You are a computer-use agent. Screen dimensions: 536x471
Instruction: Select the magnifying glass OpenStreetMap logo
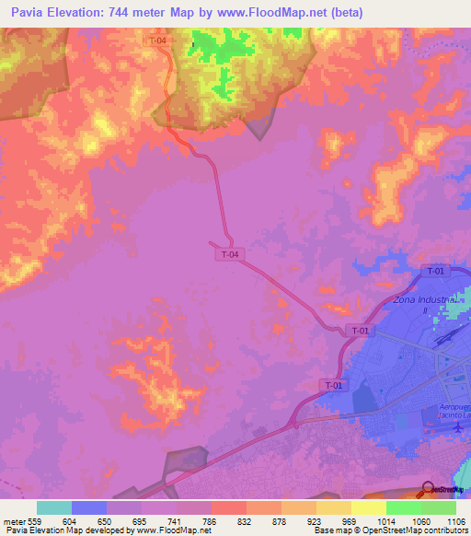[x=429, y=489]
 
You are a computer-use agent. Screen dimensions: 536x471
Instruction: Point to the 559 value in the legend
[x=36, y=520]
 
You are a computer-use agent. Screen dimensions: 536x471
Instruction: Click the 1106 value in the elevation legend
[x=455, y=520]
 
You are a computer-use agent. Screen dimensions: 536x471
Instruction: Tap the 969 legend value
[x=350, y=520]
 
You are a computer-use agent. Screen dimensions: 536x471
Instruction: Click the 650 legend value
[x=106, y=520]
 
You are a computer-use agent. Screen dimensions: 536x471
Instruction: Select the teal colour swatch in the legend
[x=53, y=507]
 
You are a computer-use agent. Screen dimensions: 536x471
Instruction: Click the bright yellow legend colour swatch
[x=368, y=507]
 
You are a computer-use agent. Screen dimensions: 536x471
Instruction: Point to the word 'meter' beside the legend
[x=13, y=520]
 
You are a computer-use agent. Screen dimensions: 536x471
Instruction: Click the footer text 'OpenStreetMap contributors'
[x=411, y=531]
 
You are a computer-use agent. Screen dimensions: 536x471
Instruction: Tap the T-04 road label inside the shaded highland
[x=157, y=41]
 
